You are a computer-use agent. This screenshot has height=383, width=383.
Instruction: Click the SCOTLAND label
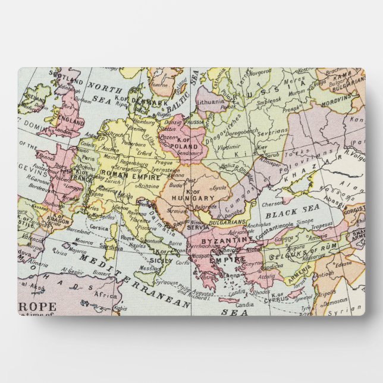click(65, 76)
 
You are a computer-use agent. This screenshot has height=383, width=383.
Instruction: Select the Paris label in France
click(88, 159)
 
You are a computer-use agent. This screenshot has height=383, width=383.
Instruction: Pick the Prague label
click(165, 162)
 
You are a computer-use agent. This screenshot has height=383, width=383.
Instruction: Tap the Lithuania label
click(211, 102)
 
